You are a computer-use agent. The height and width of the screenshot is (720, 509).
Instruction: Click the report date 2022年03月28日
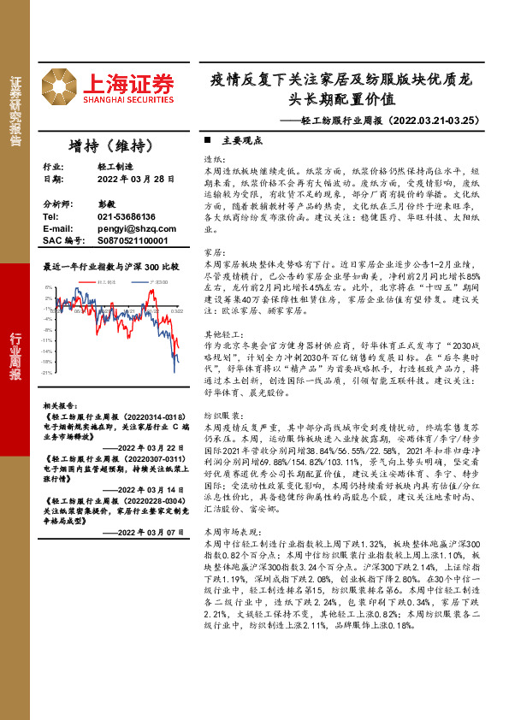point(135,179)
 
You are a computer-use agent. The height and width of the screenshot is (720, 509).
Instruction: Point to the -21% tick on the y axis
point(49,373)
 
